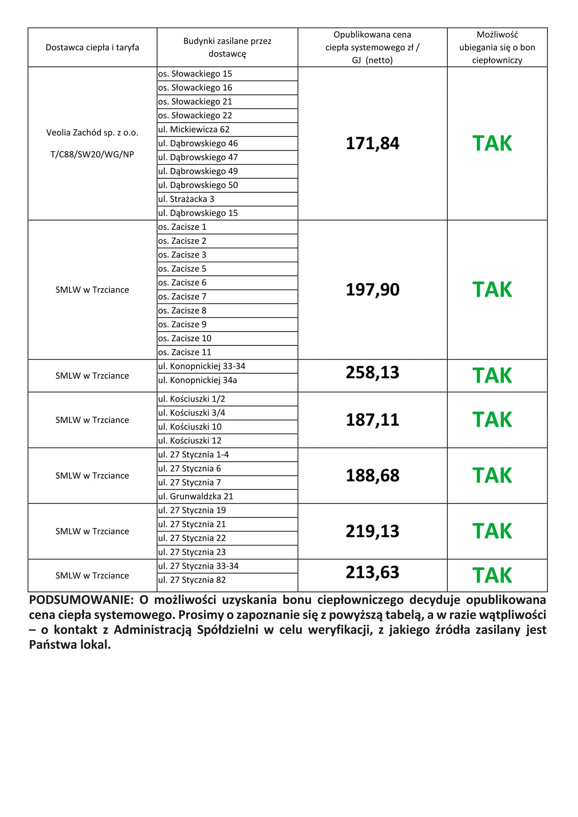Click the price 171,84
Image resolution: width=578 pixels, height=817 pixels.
point(372,143)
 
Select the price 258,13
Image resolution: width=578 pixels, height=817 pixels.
point(372,372)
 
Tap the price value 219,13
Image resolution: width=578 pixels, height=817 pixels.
point(372,531)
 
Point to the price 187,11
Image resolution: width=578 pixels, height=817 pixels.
point(372,420)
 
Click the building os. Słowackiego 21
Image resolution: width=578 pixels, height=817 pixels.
point(195,102)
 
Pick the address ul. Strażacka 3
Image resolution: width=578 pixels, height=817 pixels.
point(186,199)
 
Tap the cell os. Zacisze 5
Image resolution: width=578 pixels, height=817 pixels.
point(182,269)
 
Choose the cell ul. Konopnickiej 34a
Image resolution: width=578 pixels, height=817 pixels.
point(197,380)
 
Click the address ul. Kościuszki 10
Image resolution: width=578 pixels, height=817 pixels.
point(190,427)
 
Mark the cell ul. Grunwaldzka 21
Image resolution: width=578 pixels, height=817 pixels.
point(196,497)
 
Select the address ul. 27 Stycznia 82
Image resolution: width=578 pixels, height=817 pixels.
point(192,580)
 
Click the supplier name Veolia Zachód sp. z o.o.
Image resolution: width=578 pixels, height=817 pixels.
point(92,133)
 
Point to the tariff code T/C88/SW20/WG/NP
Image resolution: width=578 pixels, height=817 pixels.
point(92,154)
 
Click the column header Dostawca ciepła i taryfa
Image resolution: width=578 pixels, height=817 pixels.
point(92,48)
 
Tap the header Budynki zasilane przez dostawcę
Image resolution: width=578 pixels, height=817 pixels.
point(227,47)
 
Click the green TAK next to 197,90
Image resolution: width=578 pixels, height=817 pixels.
point(492,290)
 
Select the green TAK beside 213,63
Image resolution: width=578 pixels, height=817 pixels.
point(492,575)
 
